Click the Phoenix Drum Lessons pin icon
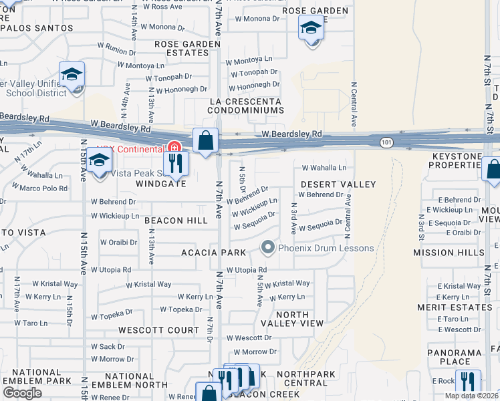[268, 248]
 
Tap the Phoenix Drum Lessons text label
[326, 249]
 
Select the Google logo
[22, 393]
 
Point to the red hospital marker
[174, 147]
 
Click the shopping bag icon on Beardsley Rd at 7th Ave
[206, 141]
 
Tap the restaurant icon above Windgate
[176, 163]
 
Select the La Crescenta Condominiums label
[246, 106]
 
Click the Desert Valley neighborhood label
[338, 184]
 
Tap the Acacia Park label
[214, 253]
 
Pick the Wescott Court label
[158, 330]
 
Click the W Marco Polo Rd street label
[44, 188]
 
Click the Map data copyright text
[471, 396]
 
